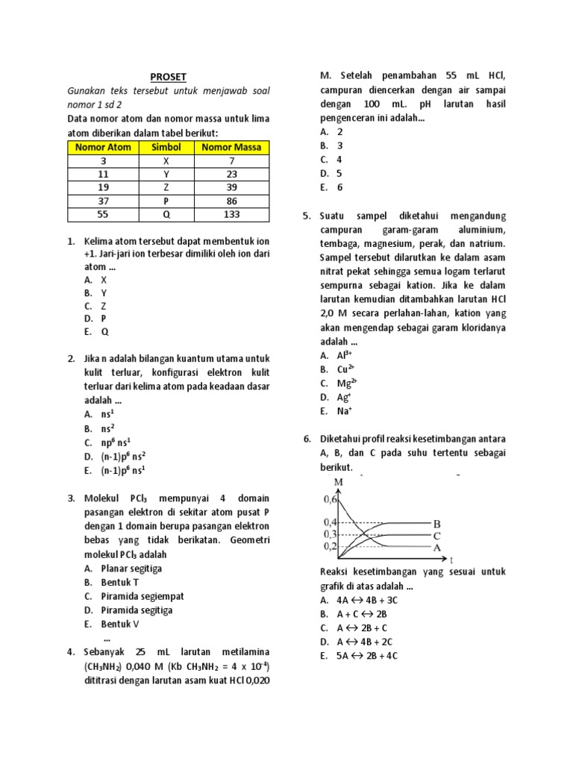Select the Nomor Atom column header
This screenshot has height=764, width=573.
(103, 147)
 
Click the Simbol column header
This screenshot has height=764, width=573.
(166, 147)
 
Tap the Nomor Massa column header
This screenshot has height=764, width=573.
(232, 147)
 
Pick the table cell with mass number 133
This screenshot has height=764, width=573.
(232, 215)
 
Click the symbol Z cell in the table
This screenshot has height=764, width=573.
(166, 187)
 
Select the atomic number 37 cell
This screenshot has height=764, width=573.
(103, 201)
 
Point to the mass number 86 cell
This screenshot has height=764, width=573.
(232, 201)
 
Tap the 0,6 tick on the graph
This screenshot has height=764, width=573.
(330, 498)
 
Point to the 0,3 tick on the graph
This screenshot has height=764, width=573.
(330, 534)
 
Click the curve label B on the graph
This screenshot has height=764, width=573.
(437, 523)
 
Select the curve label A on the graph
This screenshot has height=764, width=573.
(437, 547)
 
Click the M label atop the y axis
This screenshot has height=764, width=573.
(339, 482)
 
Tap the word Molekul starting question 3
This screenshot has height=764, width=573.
(103, 498)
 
